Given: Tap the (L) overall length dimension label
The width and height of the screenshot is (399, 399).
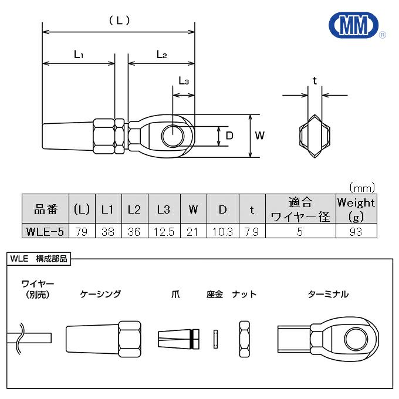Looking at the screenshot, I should tap(119, 20).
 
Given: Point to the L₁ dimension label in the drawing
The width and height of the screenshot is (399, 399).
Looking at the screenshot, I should tap(79, 55).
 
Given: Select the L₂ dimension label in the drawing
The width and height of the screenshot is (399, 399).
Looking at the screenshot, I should tap(161, 55).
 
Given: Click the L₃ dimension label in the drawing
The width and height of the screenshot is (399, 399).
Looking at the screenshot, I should tap(183, 82).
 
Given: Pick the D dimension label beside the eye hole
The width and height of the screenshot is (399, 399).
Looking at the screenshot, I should tap(230, 136).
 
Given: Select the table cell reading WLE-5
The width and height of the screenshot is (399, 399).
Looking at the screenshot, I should tap(45, 231).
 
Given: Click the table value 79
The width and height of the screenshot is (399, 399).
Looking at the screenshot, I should tap(82, 231).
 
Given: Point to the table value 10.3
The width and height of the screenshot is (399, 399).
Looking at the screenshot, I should tap(223, 231).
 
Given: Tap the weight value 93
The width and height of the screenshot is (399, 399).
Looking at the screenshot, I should tap(355, 231).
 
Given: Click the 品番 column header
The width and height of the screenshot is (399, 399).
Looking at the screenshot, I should tap(45, 209).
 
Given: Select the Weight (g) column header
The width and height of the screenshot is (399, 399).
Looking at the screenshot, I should tap(355, 209).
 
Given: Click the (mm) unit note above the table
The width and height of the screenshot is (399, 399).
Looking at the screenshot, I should tap(361, 188).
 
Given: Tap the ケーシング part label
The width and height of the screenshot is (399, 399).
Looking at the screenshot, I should tap(100, 294).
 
